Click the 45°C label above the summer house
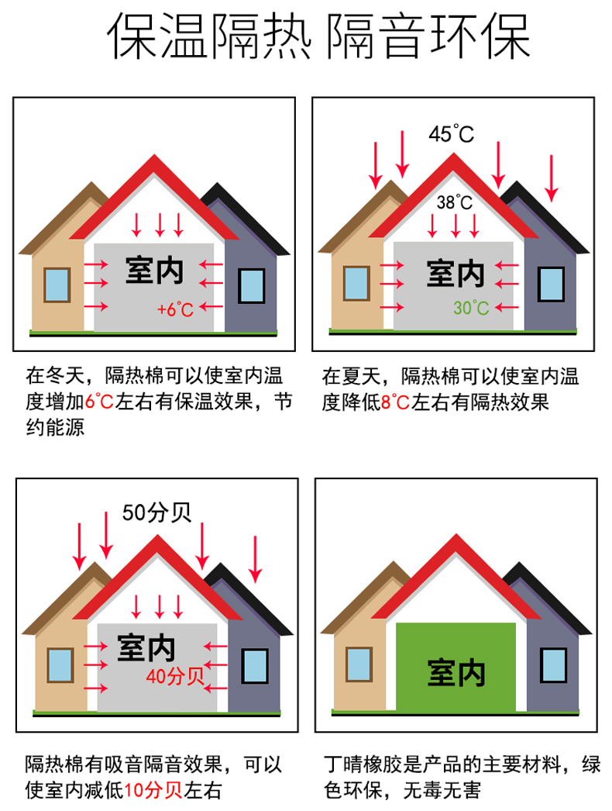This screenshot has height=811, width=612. click(x=451, y=134)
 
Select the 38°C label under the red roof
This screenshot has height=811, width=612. click(x=455, y=203)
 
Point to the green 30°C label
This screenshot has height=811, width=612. click(x=471, y=308)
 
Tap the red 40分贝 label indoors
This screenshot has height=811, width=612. click(x=174, y=677)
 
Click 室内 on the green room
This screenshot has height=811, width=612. click(x=456, y=671)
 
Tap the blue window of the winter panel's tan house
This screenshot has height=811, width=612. click(x=57, y=285)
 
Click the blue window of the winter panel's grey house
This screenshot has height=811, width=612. click(x=251, y=287)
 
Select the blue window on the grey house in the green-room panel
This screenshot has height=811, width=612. click(x=553, y=665)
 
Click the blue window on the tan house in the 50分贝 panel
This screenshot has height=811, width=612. click(x=60, y=665)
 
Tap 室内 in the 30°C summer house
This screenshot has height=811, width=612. click(x=456, y=273)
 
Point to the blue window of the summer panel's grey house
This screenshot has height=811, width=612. click(x=551, y=285)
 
